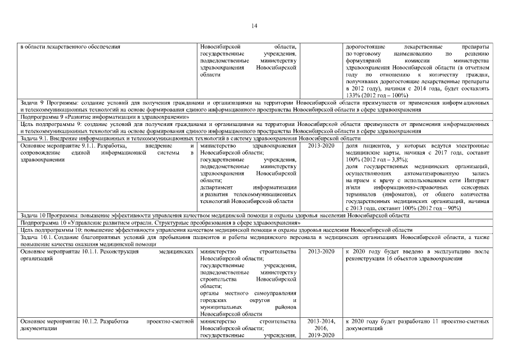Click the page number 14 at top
click(254, 25)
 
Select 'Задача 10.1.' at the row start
click(36, 237)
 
